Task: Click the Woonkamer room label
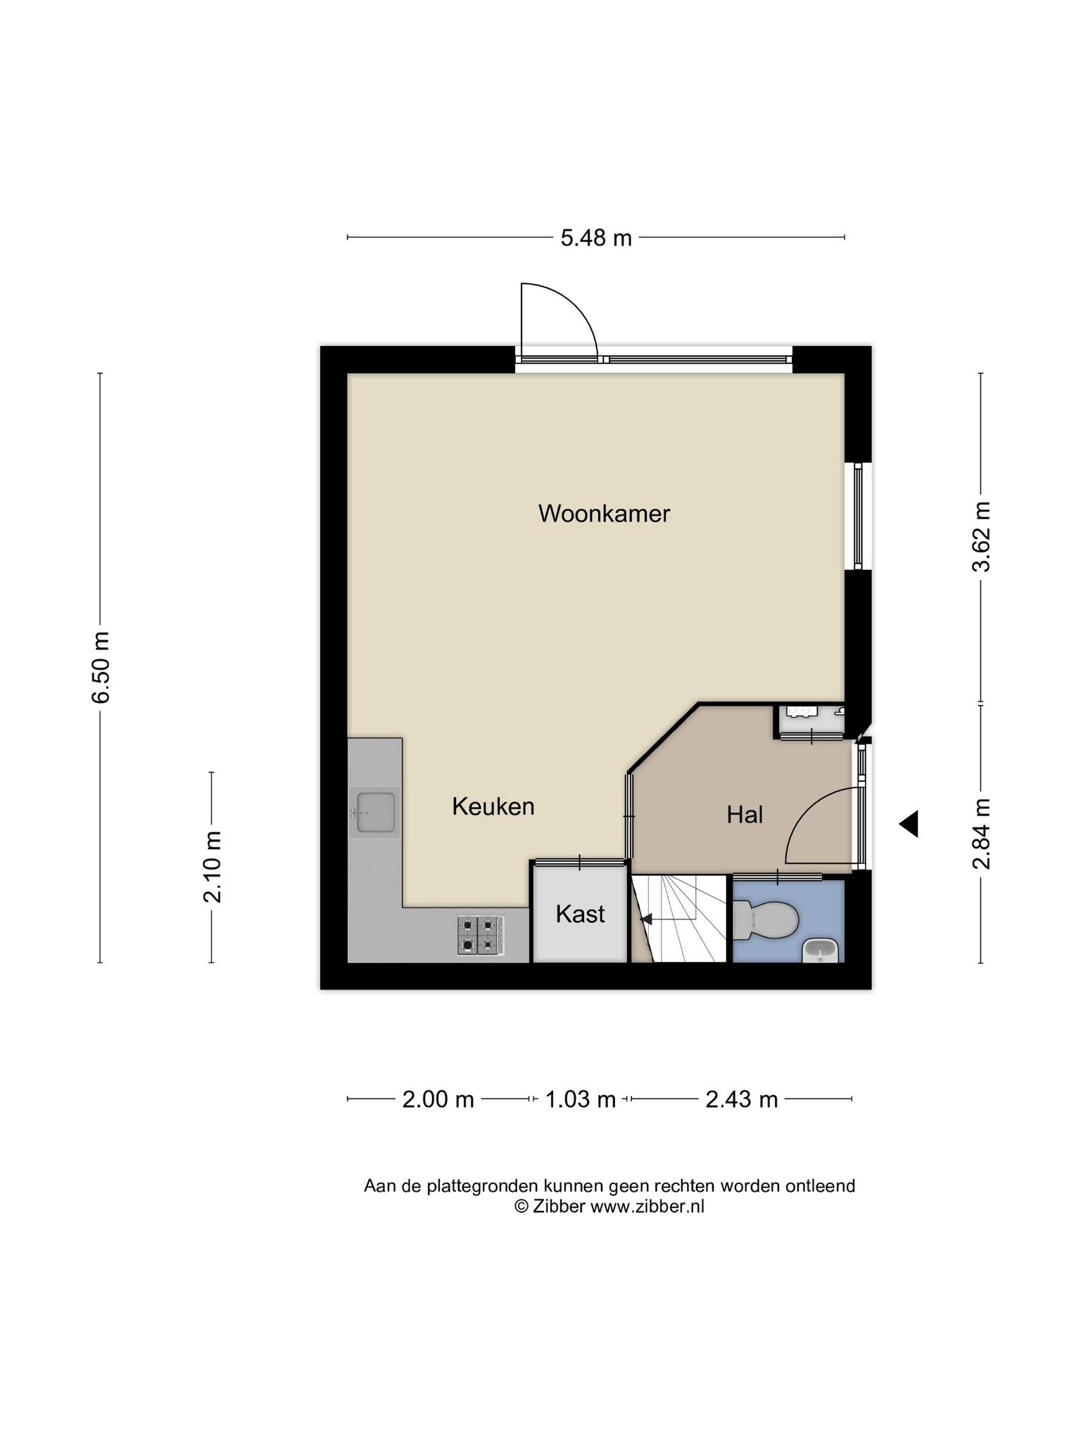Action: click(604, 514)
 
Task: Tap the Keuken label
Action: click(493, 806)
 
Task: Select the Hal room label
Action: click(745, 815)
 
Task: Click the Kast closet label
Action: click(580, 914)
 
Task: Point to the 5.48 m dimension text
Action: click(595, 238)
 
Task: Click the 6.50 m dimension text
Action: click(101, 667)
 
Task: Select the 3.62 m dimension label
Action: click(981, 536)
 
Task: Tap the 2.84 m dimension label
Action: click(981, 834)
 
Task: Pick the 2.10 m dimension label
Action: click(212, 866)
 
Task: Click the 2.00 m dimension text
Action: click(438, 1099)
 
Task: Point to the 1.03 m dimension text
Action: click(580, 1099)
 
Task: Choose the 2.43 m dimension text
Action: click(741, 1099)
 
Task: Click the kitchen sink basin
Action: click(376, 812)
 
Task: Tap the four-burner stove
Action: click(481, 934)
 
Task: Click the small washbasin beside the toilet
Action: click(821, 951)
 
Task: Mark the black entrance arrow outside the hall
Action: click(909, 823)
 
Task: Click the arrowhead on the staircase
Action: click(645, 919)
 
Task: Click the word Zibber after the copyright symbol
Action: click(559, 1206)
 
